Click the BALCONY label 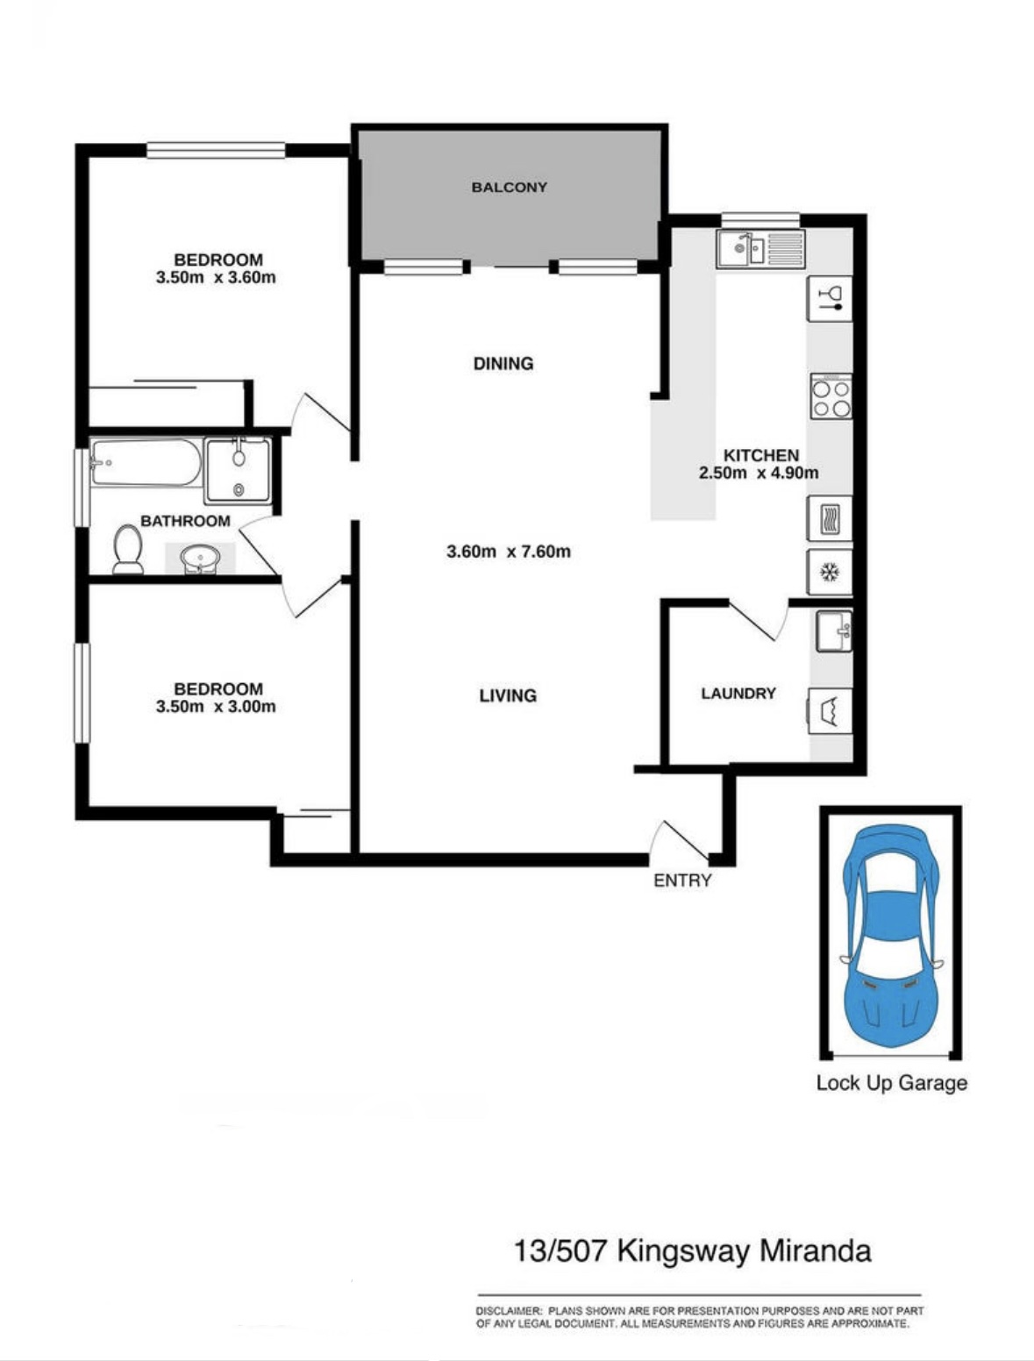[509, 188]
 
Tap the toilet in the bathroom [128, 549]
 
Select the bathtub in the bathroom [146, 462]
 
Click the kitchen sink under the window [760, 249]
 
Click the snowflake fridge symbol [830, 573]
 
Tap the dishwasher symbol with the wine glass [830, 299]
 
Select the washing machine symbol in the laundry [830, 711]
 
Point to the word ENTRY [682, 880]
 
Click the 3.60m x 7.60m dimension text [509, 552]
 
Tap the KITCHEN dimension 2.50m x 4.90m [759, 473]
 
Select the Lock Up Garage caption [891, 1083]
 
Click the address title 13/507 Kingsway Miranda [693, 1251]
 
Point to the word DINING [503, 363]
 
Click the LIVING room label [508, 695]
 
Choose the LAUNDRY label [738, 693]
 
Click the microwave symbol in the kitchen [830, 517]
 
